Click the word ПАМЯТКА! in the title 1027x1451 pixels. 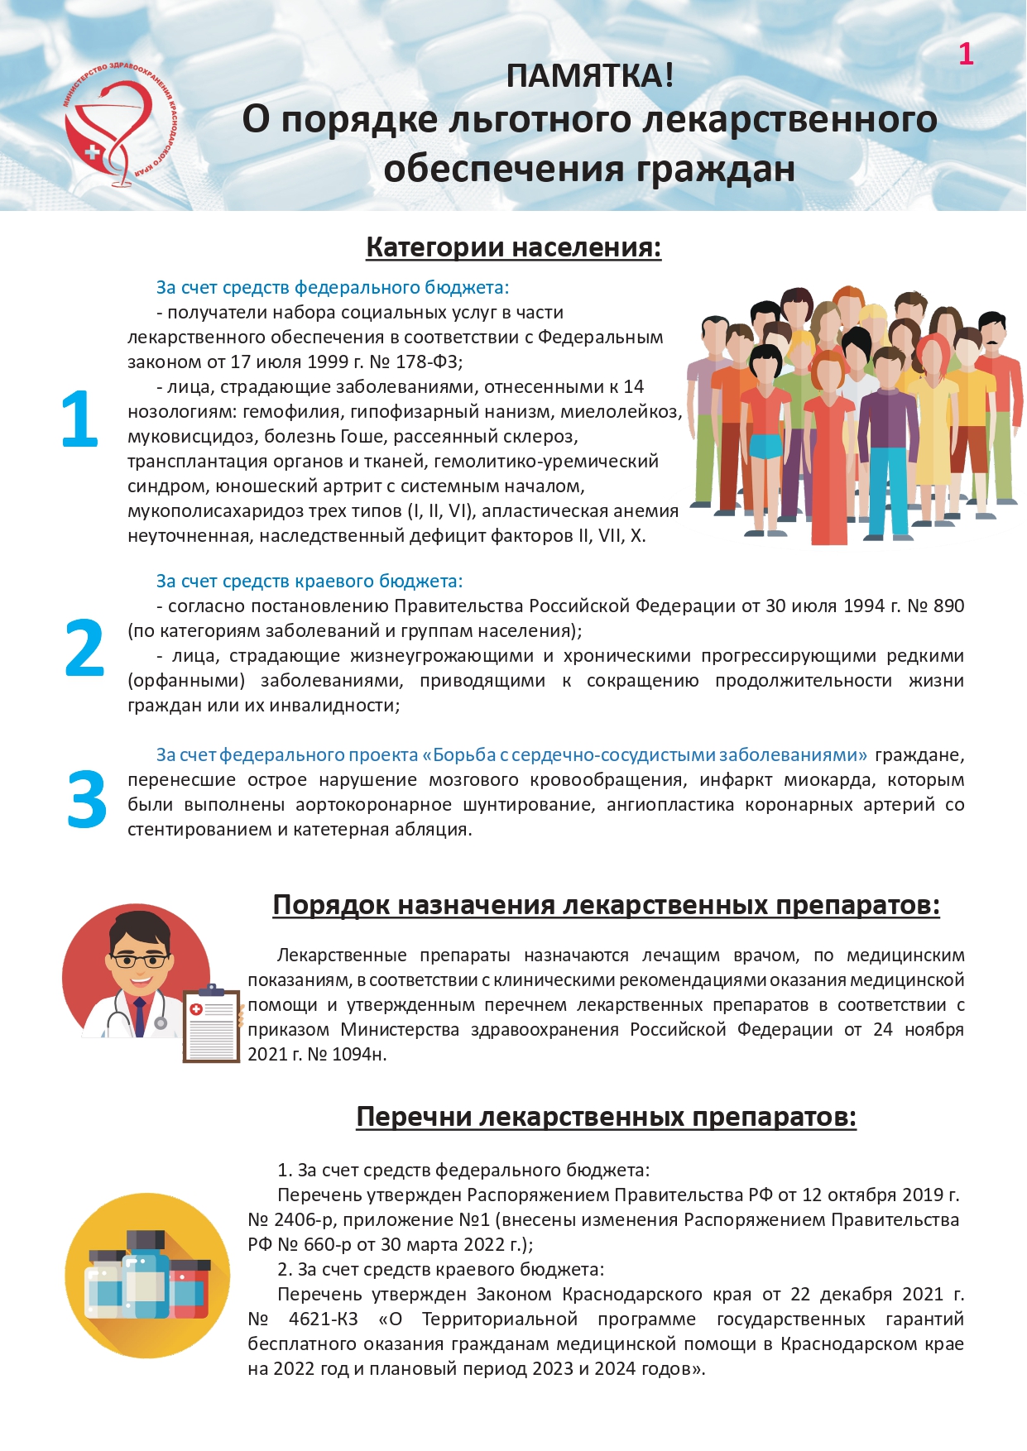point(589,76)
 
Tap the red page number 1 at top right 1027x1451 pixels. point(965,55)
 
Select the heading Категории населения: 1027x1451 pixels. point(513,247)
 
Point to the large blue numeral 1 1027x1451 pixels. point(79,419)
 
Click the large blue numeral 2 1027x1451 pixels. point(84,648)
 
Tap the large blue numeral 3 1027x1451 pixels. point(87,799)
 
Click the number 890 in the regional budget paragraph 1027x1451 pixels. point(948,606)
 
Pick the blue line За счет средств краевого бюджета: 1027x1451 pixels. point(310,582)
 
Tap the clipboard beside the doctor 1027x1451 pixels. point(211,1026)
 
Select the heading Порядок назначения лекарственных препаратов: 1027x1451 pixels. point(606,905)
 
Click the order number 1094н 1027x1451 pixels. point(359,1055)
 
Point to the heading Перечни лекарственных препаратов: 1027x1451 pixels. point(606,1117)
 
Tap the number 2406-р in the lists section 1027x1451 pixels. point(304,1220)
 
